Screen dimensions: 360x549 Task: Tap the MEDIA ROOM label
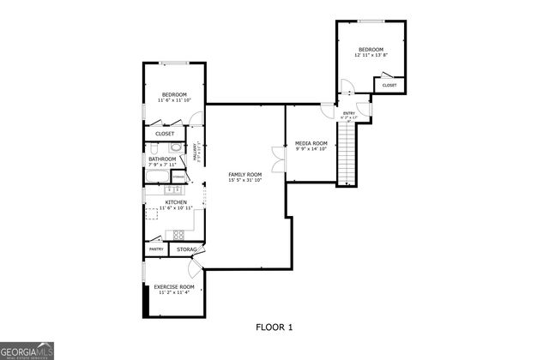311,143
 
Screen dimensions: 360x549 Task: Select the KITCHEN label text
165,202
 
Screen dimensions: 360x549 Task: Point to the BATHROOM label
162,159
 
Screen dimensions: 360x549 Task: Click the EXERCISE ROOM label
174,286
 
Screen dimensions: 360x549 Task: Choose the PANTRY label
156,249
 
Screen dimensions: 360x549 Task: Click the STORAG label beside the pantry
186,249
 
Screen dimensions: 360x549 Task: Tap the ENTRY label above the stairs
349,113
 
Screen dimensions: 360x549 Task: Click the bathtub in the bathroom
156,177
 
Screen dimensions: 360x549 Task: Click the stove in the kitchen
179,234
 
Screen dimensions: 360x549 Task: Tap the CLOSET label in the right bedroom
389,85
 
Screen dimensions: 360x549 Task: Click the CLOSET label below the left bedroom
165,134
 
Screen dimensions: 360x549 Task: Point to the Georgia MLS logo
27,351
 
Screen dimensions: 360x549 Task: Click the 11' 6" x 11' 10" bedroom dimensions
174,100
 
